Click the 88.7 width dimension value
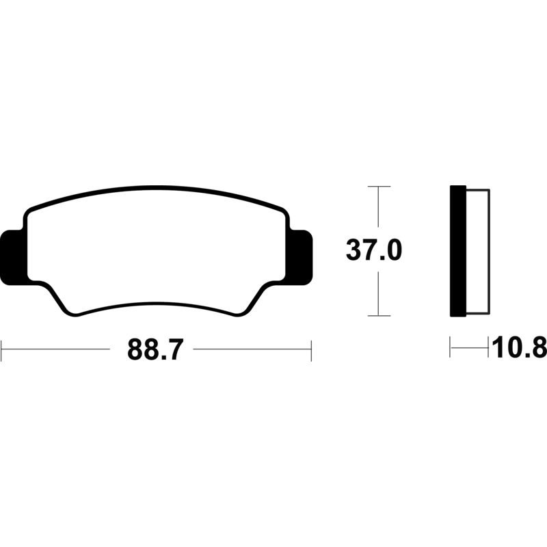point(155,349)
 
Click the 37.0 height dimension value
point(373,250)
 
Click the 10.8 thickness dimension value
point(520,347)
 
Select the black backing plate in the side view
point(458,251)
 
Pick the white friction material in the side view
point(478,251)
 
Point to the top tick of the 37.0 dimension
point(379,187)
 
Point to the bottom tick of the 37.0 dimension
point(379,316)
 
